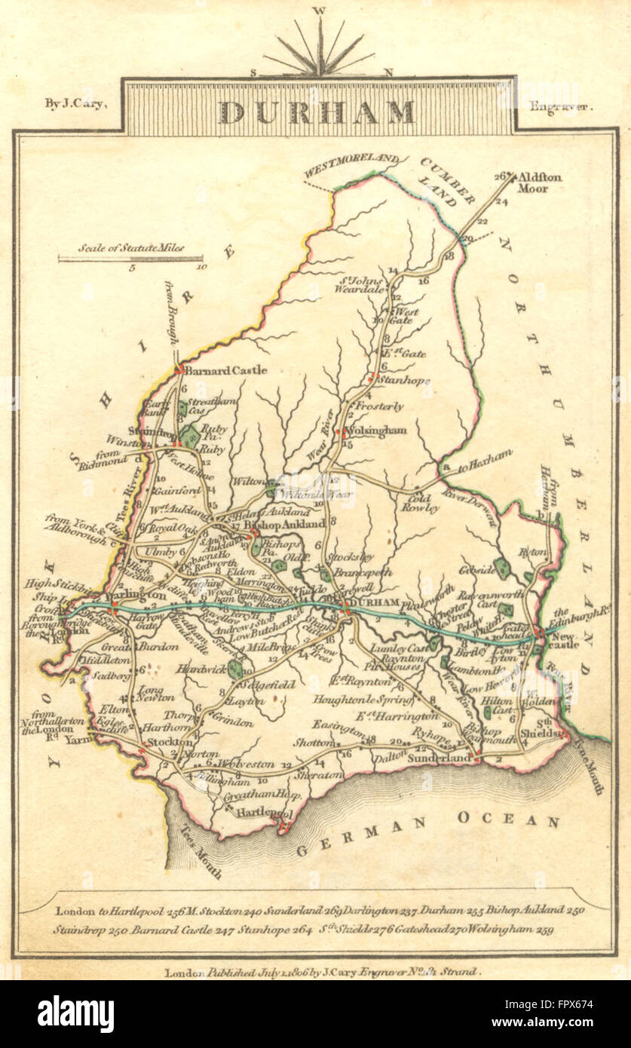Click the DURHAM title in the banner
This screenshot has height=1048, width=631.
[317, 112]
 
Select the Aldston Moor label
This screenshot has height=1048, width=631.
[542, 182]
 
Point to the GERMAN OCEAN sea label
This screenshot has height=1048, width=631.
[427, 835]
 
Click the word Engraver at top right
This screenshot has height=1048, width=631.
[561, 106]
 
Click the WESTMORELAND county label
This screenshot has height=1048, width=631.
[351, 167]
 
